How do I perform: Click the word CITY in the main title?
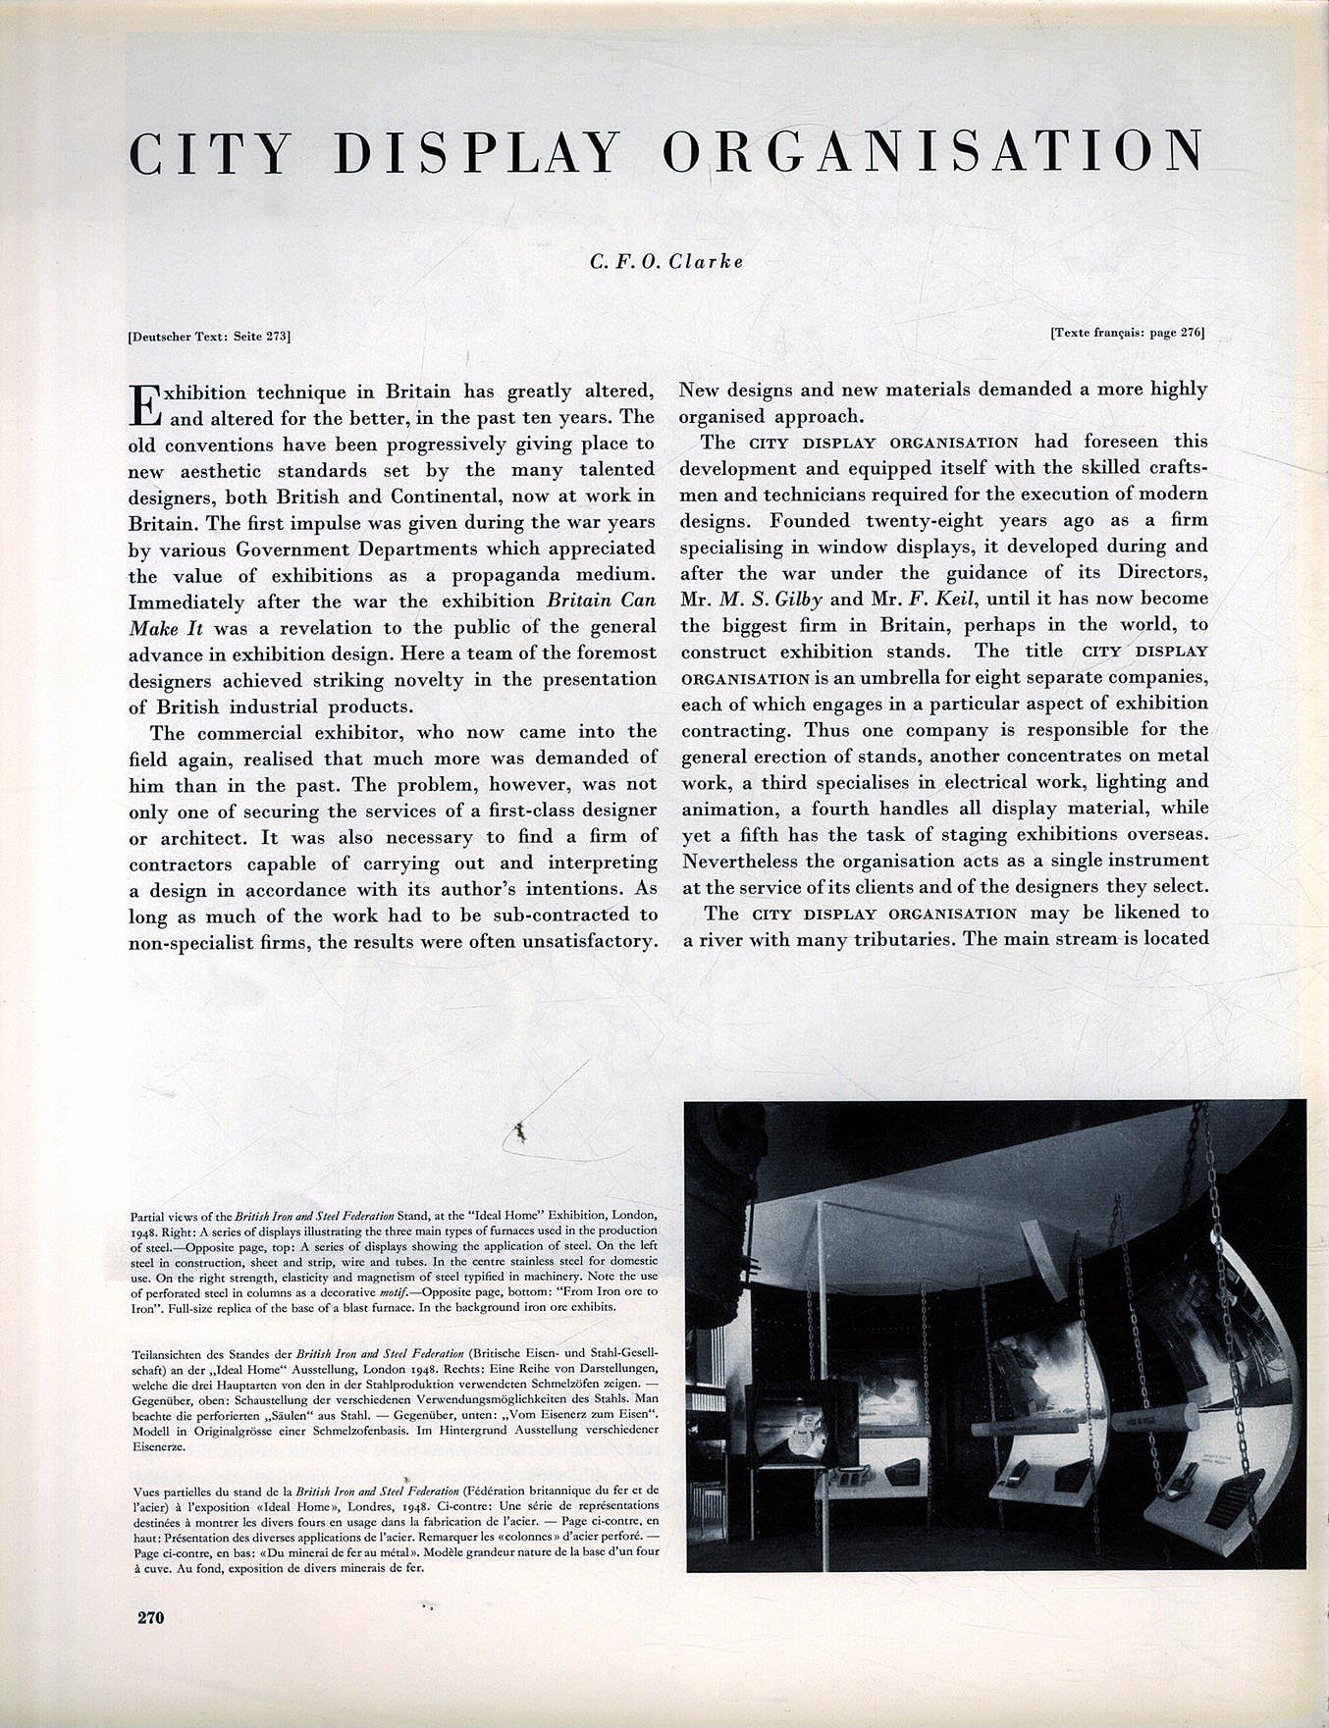coord(210,153)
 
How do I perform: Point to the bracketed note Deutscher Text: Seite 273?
coord(209,336)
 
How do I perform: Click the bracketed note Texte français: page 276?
coord(1127,332)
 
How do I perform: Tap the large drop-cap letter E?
coord(143,404)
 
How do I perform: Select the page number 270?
coord(150,1617)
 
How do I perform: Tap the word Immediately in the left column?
coord(186,602)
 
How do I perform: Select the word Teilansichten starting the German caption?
coord(166,1353)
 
